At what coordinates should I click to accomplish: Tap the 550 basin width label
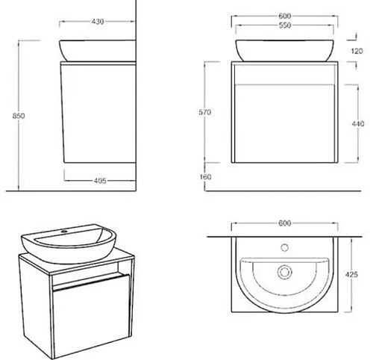tap(284, 25)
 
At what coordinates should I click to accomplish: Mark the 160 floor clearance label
tap(207, 177)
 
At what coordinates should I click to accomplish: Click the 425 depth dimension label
tap(352, 275)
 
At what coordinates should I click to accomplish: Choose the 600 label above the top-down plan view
tap(284, 222)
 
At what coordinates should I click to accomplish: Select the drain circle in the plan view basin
tap(284, 270)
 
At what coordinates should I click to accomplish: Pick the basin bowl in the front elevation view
tap(284, 51)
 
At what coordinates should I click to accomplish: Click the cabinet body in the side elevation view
tap(97, 112)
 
